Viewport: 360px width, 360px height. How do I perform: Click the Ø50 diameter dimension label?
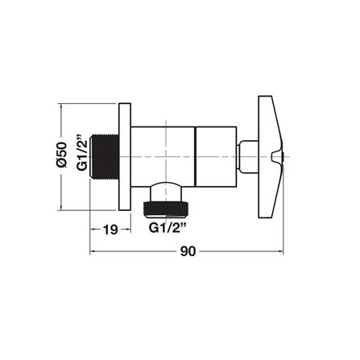[x=61, y=155]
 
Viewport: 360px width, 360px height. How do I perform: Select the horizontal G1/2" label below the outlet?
[x=168, y=228]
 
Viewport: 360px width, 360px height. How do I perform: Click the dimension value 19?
[x=110, y=230]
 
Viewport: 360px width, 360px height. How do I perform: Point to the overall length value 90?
[x=188, y=251]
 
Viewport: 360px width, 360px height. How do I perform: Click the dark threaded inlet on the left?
[x=104, y=156]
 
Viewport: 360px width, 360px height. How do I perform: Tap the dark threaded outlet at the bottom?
[x=167, y=208]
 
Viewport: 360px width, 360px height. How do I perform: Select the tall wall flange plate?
[x=125, y=156]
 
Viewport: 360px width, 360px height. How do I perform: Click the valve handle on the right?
[x=271, y=156]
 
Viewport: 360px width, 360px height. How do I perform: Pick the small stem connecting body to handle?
[x=248, y=156]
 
